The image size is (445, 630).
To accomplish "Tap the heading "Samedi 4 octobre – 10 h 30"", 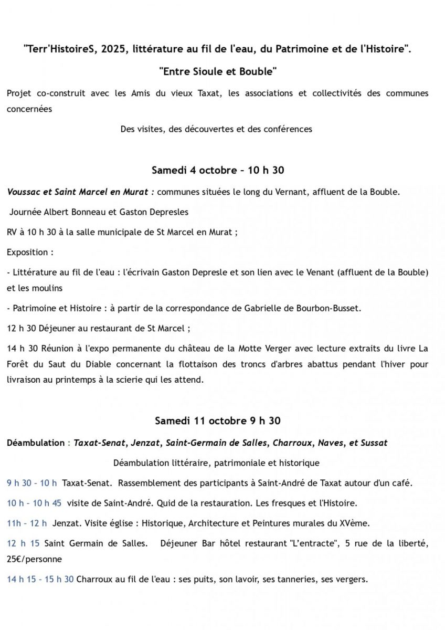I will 218,170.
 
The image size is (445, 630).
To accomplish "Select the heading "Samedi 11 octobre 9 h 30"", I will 218,421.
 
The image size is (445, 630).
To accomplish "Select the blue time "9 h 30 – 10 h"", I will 32,482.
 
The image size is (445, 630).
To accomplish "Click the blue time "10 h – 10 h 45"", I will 34,503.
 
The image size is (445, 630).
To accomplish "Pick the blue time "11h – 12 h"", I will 27,523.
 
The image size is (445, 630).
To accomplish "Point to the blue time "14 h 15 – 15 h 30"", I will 40,580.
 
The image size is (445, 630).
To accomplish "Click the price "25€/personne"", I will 34,559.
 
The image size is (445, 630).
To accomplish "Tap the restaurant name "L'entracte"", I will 314,543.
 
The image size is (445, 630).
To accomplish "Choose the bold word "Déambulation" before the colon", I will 35,443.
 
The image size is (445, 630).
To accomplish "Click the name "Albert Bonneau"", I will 70,212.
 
